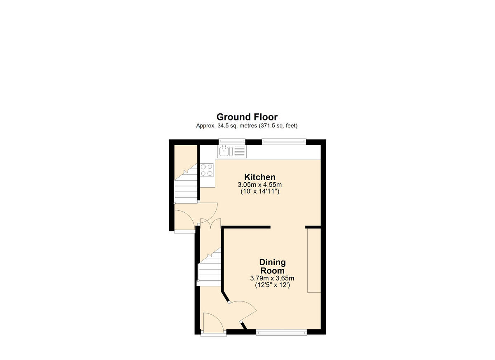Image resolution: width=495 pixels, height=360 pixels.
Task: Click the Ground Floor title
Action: click(247, 117)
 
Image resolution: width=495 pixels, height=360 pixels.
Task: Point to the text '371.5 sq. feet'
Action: click(279, 126)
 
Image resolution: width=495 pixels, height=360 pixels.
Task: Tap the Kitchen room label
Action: click(259, 177)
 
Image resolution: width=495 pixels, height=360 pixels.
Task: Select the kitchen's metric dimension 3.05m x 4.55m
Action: click(259, 185)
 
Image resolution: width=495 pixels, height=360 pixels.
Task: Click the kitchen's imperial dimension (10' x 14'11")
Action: click(259, 192)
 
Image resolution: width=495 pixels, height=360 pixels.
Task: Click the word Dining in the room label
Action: click(272, 262)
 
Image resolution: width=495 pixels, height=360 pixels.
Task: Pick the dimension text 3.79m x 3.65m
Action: click(272, 278)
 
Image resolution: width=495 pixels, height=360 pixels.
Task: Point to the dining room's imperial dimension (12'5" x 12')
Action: click(272, 285)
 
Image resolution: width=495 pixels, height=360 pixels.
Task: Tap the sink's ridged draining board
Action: click(239, 151)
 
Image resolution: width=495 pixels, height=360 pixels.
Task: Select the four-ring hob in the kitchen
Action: click(207, 170)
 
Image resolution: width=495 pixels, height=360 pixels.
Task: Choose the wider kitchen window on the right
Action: click(284, 142)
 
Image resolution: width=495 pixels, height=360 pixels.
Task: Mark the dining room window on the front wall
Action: click(281, 332)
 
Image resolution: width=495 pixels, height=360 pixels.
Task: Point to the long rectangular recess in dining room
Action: click(314, 260)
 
